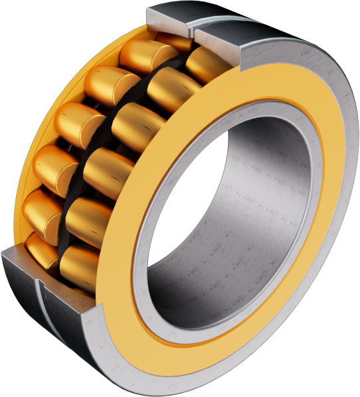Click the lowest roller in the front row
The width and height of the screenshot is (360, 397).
point(80,265)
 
